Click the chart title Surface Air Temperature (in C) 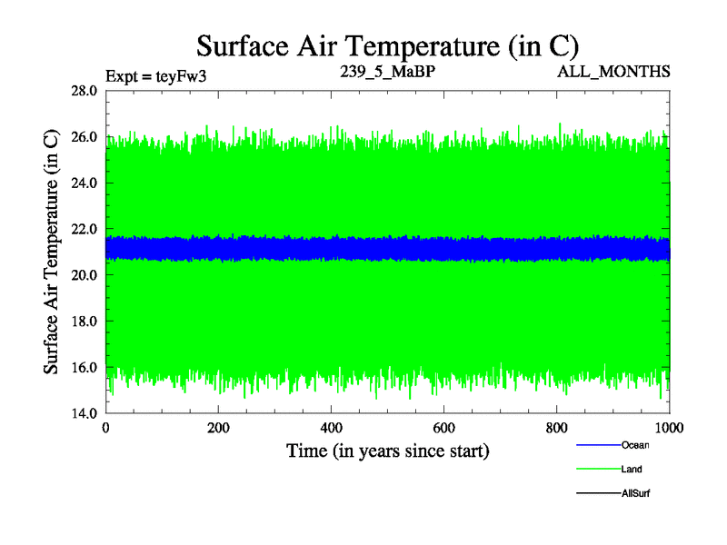pyautogui.click(x=388, y=45)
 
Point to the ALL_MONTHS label pyautogui.click(x=614, y=72)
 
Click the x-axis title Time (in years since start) pyautogui.click(x=388, y=451)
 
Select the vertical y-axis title pyautogui.click(x=53, y=252)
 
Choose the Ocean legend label pyautogui.click(x=635, y=445)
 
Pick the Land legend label pyautogui.click(x=632, y=470)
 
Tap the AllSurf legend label pyautogui.click(x=636, y=493)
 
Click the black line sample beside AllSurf pyautogui.click(x=597, y=493)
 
